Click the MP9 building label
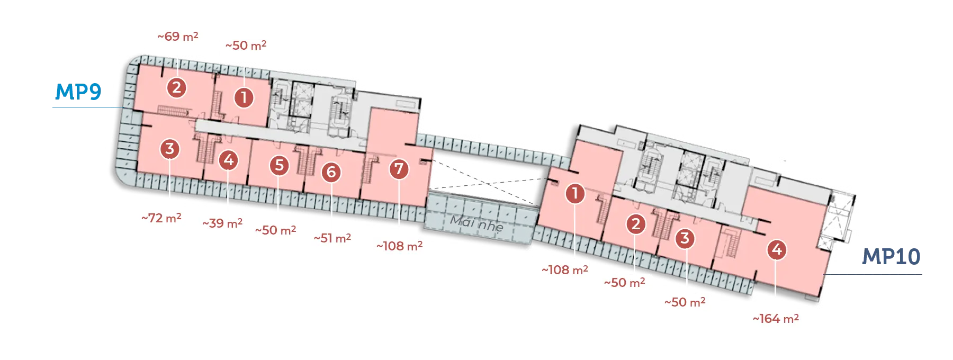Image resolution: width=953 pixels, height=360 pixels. [x=78, y=92]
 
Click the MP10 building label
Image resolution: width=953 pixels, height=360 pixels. [x=891, y=257]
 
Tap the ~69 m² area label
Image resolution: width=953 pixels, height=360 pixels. [x=178, y=37]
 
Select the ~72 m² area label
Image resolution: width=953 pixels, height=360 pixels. [x=161, y=218]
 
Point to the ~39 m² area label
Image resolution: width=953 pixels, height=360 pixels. [x=222, y=223]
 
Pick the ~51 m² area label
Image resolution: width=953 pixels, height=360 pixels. [x=332, y=238]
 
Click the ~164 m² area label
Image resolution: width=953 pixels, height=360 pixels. [x=776, y=319]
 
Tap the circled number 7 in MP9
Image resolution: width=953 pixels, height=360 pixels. [x=399, y=169]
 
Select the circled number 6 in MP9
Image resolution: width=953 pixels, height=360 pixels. [x=331, y=172]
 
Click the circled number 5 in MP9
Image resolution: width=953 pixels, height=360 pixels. [x=280, y=165]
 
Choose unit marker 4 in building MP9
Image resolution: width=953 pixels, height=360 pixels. [x=229, y=159]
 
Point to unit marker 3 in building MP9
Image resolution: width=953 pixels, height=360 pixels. [x=170, y=149]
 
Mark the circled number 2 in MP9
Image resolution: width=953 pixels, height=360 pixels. [x=177, y=87]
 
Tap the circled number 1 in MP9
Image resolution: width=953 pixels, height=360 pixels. [x=244, y=97]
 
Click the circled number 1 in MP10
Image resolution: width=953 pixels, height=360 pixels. [x=575, y=193]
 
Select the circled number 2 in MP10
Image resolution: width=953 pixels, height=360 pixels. [x=636, y=224]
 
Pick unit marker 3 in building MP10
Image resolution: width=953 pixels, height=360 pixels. [x=685, y=238]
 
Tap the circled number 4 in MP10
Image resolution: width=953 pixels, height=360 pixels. [x=777, y=249]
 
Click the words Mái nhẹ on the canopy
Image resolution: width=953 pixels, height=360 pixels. [x=477, y=224]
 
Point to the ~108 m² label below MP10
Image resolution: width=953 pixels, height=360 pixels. [x=565, y=270]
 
